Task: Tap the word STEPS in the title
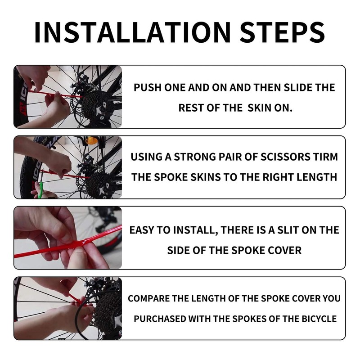[283, 32]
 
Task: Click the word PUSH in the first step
[148, 88]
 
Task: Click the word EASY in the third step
[142, 230]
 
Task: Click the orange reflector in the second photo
[90, 140]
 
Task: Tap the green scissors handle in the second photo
[41, 189]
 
